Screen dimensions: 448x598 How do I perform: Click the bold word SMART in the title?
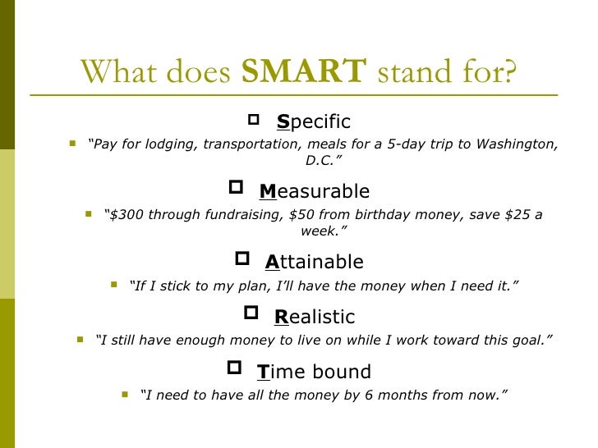[x=303, y=72]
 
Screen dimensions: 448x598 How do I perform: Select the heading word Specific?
[x=314, y=122]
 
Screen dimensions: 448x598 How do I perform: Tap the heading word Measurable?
[x=315, y=192]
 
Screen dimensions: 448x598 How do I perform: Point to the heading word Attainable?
[x=314, y=263]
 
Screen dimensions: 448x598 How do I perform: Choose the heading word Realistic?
[x=315, y=317]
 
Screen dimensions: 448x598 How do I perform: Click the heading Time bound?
[x=314, y=372]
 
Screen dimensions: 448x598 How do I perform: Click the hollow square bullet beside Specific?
[x=253, y=121]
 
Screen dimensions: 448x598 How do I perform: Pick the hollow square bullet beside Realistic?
[x=251, y=313]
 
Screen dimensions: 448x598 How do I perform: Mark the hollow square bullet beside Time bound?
[x=233, y=368]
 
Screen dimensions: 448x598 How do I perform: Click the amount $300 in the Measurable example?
[x=126, y=215]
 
